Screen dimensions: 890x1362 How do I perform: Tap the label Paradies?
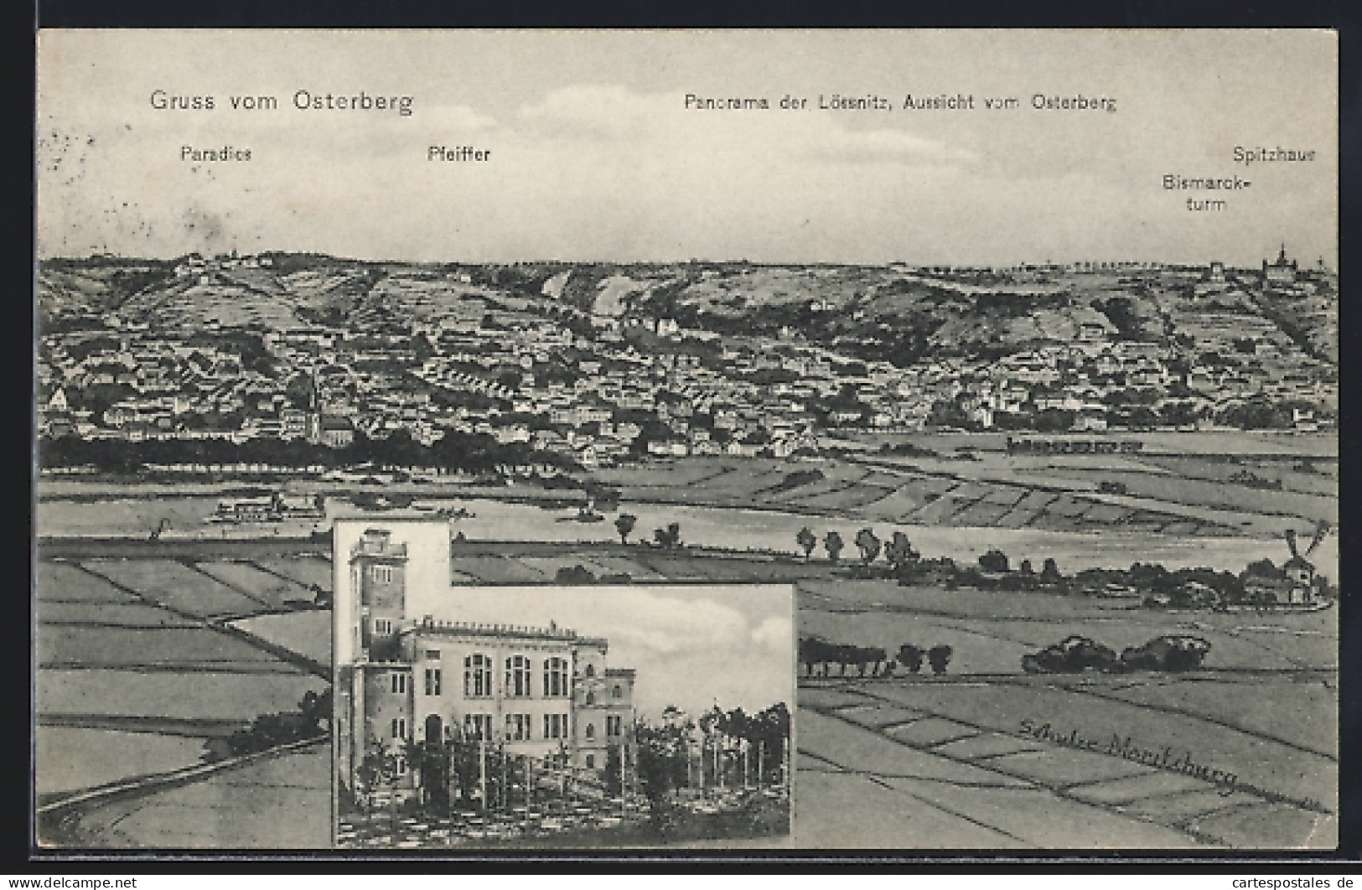click(216, 153)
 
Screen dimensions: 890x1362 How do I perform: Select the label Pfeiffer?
click(458, 154)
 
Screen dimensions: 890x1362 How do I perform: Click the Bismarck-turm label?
click(1206, 192)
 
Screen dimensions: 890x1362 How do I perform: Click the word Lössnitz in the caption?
click(841, 102)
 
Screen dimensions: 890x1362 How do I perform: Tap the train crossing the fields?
click(1073, 445)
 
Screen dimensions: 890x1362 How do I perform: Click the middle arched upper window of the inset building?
click(517, 675)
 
